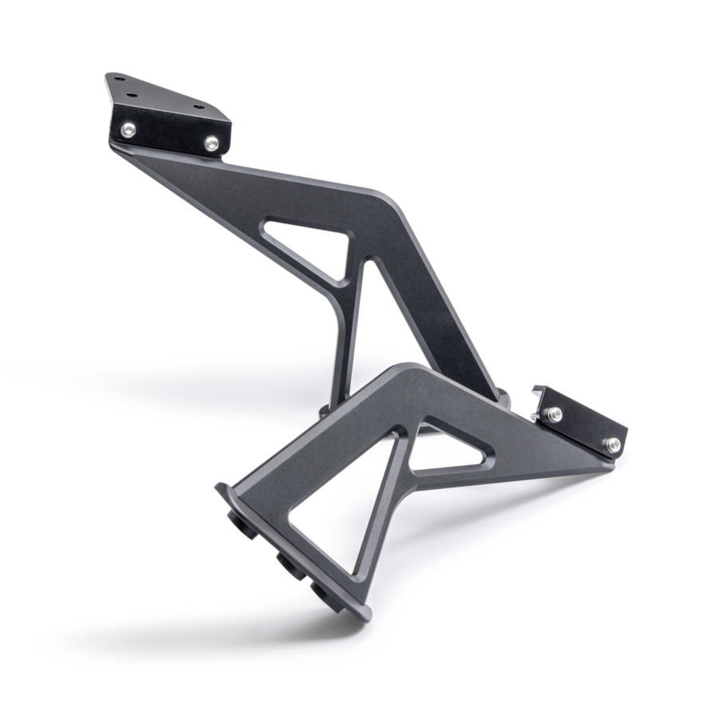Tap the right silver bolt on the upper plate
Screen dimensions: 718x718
tap(211, 144)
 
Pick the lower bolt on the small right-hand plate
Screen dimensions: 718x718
tap(612, 445)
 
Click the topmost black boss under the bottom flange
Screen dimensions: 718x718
tap(240, 523)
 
